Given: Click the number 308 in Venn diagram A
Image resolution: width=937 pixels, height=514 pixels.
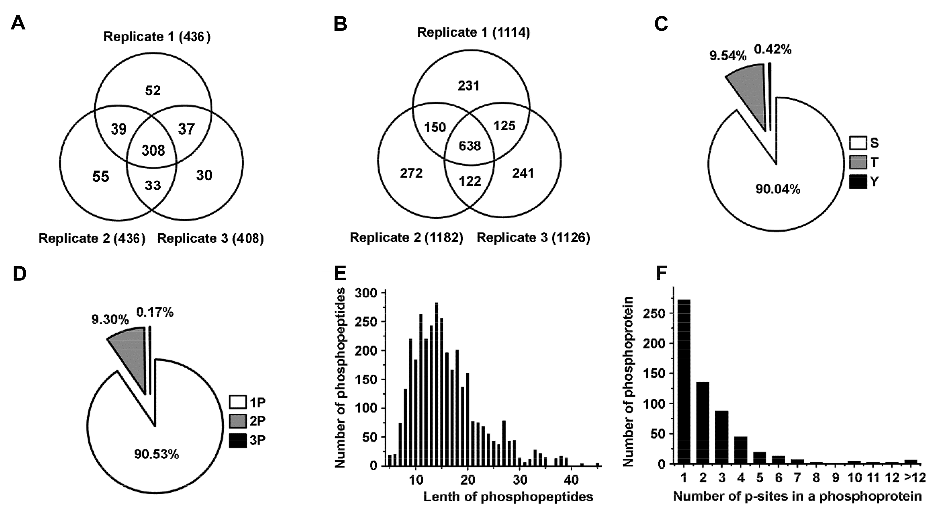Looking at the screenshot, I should (153, 150).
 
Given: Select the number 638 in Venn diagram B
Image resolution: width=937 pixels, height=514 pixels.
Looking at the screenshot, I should (470, 145).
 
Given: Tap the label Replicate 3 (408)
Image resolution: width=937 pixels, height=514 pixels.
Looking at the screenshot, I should (210, 238).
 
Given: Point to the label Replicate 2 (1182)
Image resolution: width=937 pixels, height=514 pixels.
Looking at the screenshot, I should (406, 237).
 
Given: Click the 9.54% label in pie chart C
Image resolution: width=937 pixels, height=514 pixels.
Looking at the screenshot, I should (728, 56).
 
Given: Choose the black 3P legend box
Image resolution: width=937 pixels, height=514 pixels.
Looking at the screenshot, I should (237, 441).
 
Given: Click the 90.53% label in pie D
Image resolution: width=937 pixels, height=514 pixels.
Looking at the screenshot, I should (156, 454).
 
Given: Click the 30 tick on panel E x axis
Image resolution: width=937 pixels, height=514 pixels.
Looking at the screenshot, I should (520, 480).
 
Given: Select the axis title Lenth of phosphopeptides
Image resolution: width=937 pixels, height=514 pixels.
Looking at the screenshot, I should (508, 496).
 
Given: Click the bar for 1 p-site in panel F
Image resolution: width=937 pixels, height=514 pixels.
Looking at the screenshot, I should (684, 382).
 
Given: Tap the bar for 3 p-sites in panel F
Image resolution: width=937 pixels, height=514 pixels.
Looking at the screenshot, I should (722, 437).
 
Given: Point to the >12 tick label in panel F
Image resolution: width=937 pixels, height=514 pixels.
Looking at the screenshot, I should (915, 477).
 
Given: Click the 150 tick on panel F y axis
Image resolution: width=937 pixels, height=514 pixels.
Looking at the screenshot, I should (654, 374).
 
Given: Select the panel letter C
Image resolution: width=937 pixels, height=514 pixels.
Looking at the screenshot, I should (661, 24).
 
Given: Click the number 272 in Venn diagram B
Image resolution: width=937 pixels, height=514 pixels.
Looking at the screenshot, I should (411, 173).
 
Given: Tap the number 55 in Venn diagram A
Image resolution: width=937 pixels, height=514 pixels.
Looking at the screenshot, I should (100, 176).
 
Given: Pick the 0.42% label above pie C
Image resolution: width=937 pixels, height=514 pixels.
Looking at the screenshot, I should (773, 49).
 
